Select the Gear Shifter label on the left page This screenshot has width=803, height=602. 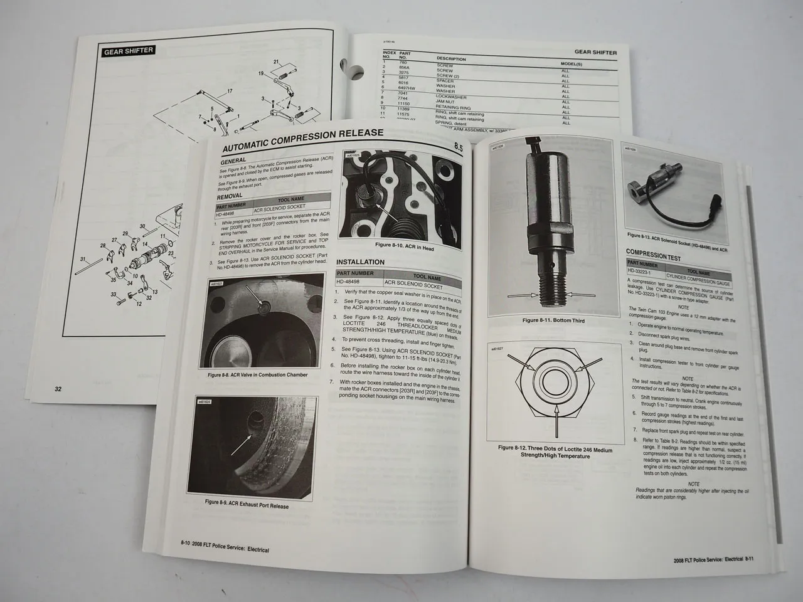(129, 51)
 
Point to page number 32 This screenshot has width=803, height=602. (58, 389)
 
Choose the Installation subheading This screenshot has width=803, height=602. (360, 262)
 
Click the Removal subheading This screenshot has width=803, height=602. (230, 196)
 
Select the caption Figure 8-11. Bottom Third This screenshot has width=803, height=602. (549, 320)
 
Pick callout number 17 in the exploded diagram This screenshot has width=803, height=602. (230, 92)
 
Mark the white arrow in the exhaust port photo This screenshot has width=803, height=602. (242, 443)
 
